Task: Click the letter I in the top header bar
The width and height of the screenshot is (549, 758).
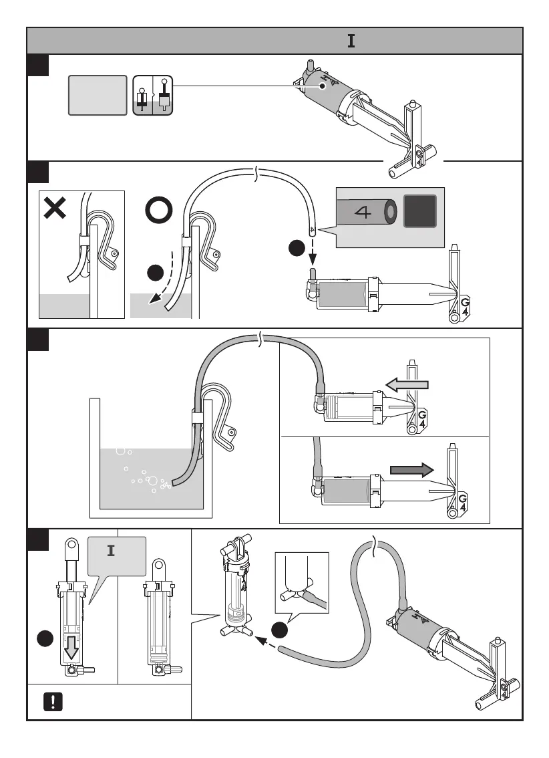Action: coord(351,41)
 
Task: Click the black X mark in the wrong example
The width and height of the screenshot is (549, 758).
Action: coord(54,207)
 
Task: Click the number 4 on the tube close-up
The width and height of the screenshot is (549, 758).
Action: coord(363,213)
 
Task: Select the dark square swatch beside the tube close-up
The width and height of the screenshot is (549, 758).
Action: coord(419,212)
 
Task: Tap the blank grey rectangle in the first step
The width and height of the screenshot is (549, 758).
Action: coord(98,95)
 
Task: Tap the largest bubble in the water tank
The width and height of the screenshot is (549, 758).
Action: coord(153,481)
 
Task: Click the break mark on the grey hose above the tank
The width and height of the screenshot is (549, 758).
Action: coord(260,341)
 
